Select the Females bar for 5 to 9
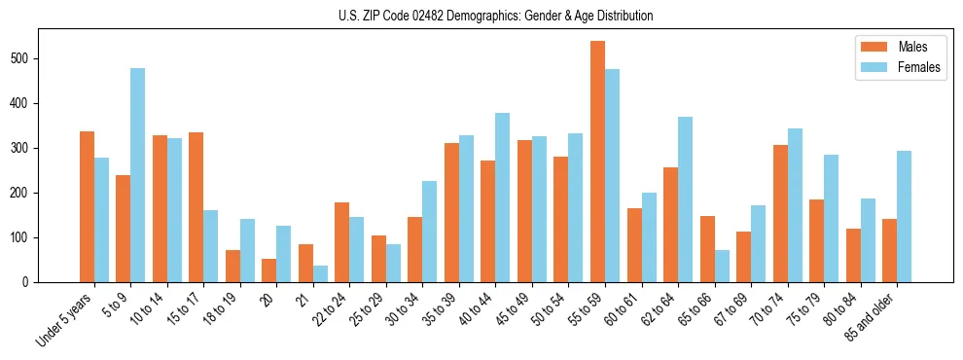138,175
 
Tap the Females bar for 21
320,273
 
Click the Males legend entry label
912,47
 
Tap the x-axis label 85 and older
874,317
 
